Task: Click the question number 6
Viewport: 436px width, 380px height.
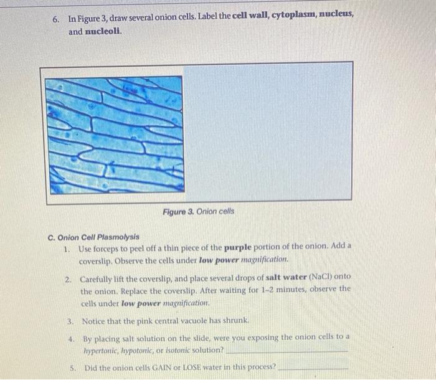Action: coord(56,19)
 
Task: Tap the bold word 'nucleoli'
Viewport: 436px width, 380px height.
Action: coord(104,31)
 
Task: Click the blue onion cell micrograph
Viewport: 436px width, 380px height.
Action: coord(116,135)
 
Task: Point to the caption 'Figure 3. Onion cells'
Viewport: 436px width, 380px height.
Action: coord(199,212)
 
